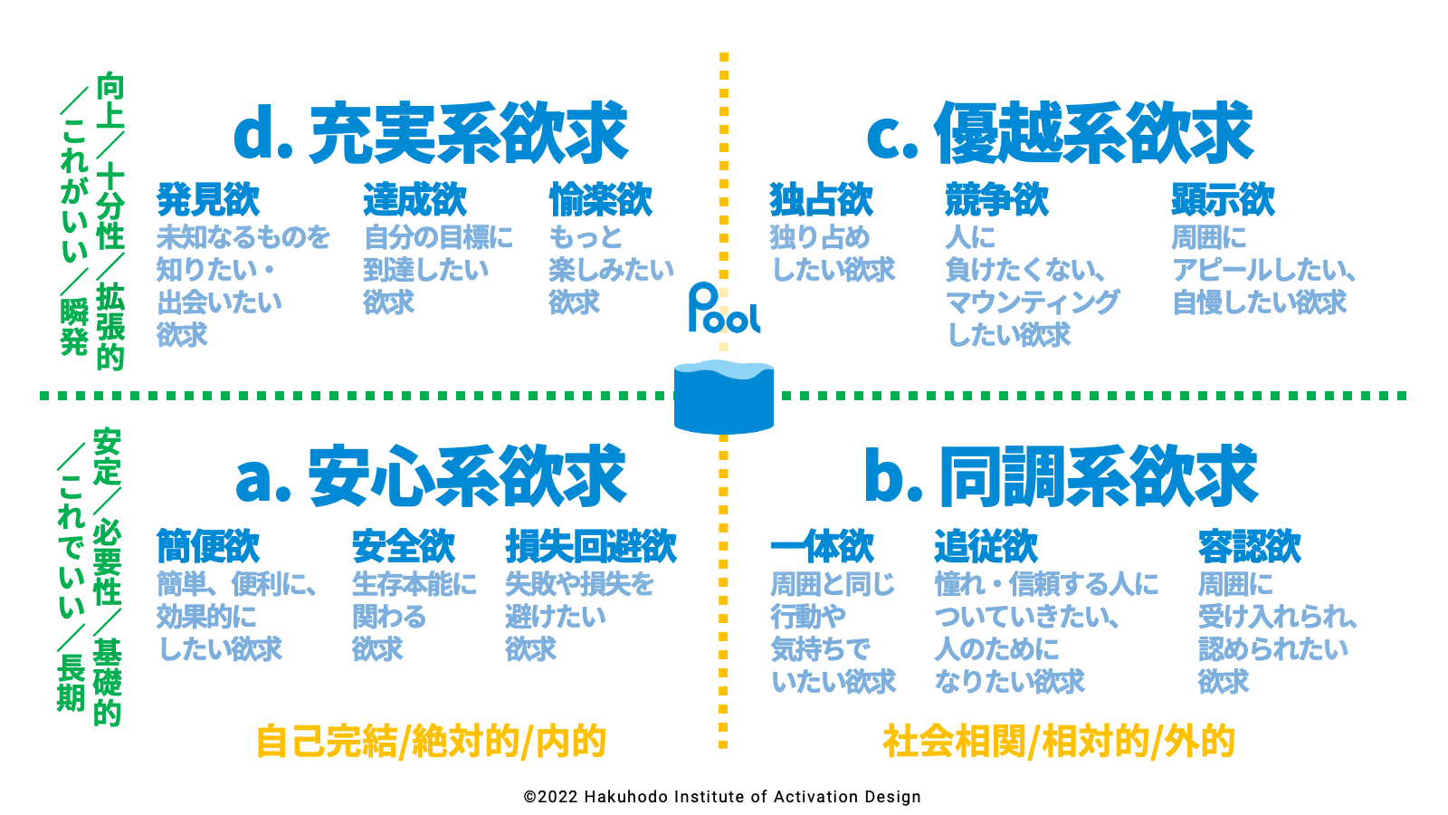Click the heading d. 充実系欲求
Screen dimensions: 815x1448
(x=431, y=134)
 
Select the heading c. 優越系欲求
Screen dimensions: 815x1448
(x=1060, y=134)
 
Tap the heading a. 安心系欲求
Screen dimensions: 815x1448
(x=431, y=477)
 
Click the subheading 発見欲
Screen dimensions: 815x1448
(x=208, y=200)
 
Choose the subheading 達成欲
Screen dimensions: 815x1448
(x=415, y=200)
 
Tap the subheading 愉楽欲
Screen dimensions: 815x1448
(x=600, y=200)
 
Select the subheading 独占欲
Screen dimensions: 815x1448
(x=822, y=200)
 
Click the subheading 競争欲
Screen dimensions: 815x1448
(x=996, y=200)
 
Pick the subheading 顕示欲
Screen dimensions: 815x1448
(x=1223, y=200)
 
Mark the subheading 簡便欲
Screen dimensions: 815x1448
(x=208, y=547)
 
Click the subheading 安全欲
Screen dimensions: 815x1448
(x=404, y=547)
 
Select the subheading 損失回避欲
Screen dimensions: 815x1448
(x=591, y=547)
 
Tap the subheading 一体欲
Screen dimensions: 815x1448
(x=822, y=547)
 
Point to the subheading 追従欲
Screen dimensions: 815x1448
(x=986, y=547)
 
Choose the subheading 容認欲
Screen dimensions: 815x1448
(x=1250, y=547)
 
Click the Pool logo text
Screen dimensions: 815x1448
(x=724, y=310)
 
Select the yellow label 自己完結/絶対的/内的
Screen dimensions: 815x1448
(x=431, y=741)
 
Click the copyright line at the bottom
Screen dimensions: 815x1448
(x=722, y=797)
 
